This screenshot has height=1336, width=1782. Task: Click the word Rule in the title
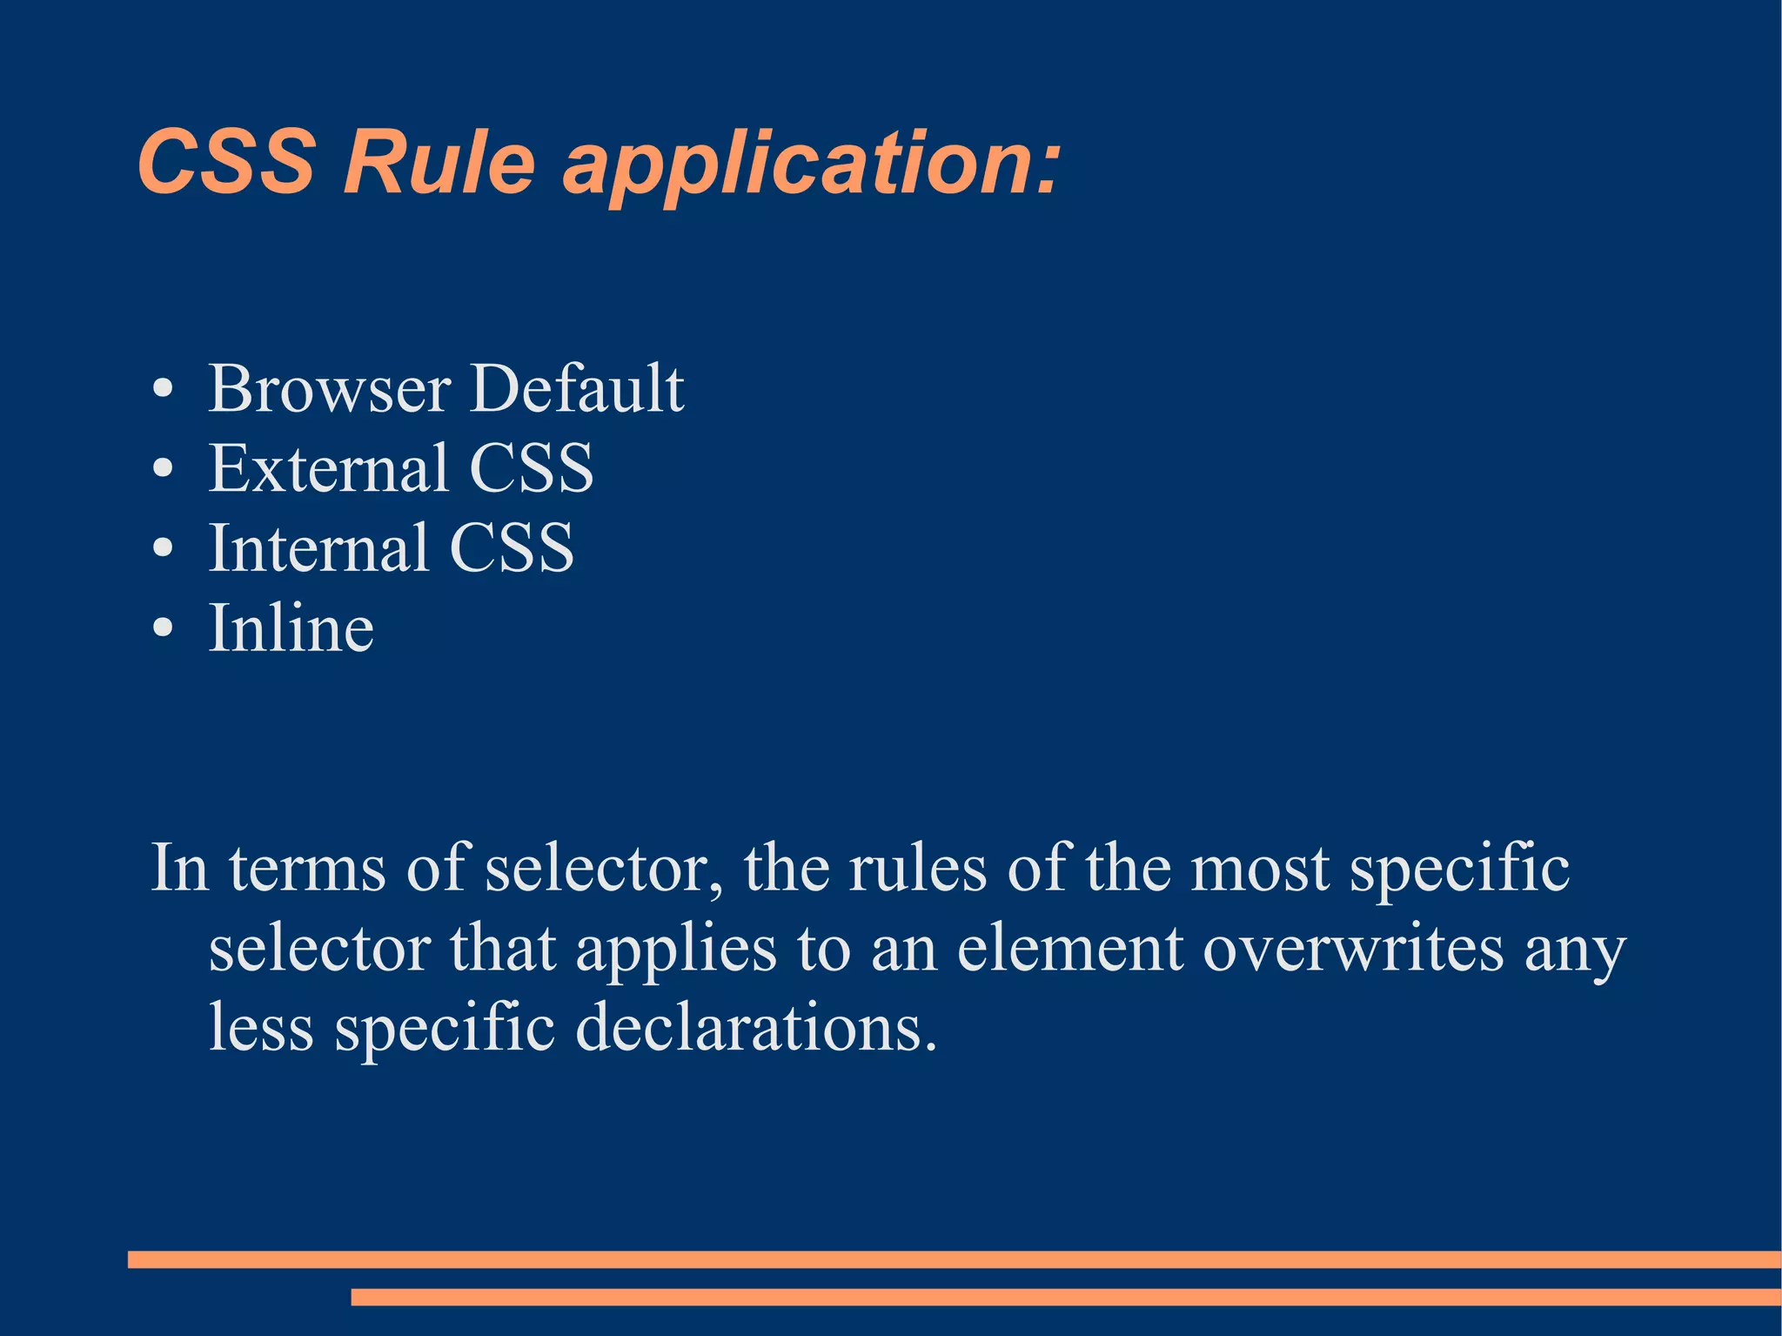click(x=439, y=163)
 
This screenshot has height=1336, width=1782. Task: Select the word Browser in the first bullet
click(x=330, y=388)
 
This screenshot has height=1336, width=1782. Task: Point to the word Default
click(x=577, y=388)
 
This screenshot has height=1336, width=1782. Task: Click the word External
click(x=329, y=468)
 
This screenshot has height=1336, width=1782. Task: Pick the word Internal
click(x=318, y=548)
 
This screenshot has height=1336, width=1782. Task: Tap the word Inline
click(x=291, y=628)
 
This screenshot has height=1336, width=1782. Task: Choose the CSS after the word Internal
click(x=512, y=548)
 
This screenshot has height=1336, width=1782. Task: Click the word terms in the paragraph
click(x=307, y=869)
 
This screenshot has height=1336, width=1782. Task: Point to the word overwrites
click(x=1353, y=949)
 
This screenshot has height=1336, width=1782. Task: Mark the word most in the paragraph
click(x=1260, y=869)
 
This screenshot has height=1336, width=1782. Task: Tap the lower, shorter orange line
click(x=1065, y=1297)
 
